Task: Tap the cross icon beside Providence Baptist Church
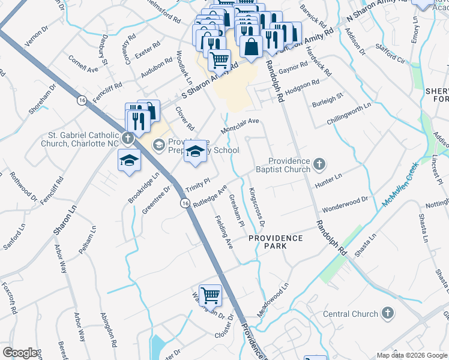(320, 163)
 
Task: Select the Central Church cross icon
(388, 313)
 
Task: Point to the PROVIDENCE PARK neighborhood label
(276, 238)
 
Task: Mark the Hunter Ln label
(328, 176)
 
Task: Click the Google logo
(20, 353)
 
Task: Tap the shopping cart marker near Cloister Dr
(210, 295)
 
